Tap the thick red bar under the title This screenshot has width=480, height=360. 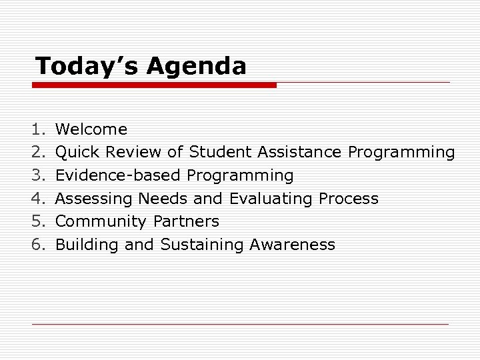pyautogui.click(x=154, y=85)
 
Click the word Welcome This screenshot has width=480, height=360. pyautogui.click(x=91, y=129)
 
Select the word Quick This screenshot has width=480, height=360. pyautogui.click(x=77, y=153)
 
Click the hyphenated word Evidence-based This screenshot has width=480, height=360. pyautogui.click(x=119, y=175)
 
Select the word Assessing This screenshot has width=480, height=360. pyautogui.click(x=94, y=199)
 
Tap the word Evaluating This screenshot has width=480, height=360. pyautogui.click(x=271, y=199)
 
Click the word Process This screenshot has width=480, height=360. pyautogui.click(x=349, y=199)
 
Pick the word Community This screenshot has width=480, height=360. pyautogui.click(x=102, y=222)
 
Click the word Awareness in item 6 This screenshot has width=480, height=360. pyautogui.click(x=293, y=245)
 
